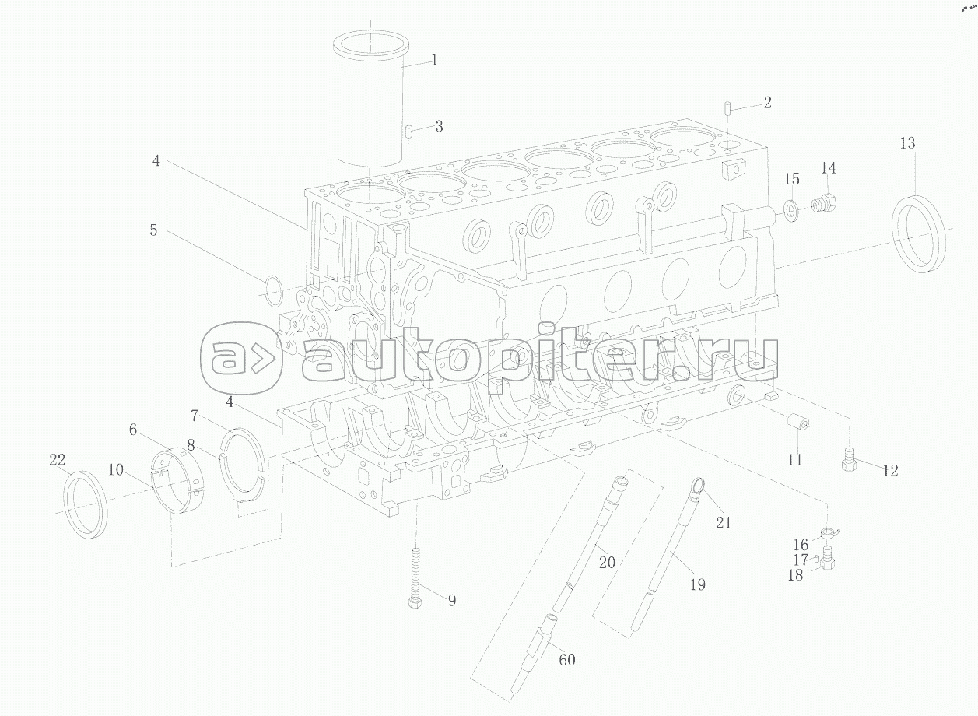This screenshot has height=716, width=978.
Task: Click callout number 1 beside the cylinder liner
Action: point(434,60)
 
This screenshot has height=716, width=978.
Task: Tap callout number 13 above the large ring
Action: point(907,143)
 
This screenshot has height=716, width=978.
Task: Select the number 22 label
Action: point(58,460)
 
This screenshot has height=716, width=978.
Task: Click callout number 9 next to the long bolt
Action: point(452,600)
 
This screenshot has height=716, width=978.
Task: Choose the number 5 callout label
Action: point(153,230)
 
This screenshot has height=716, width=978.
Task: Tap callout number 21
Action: point(724,522)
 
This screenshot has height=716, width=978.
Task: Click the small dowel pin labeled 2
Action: point(727,108)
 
